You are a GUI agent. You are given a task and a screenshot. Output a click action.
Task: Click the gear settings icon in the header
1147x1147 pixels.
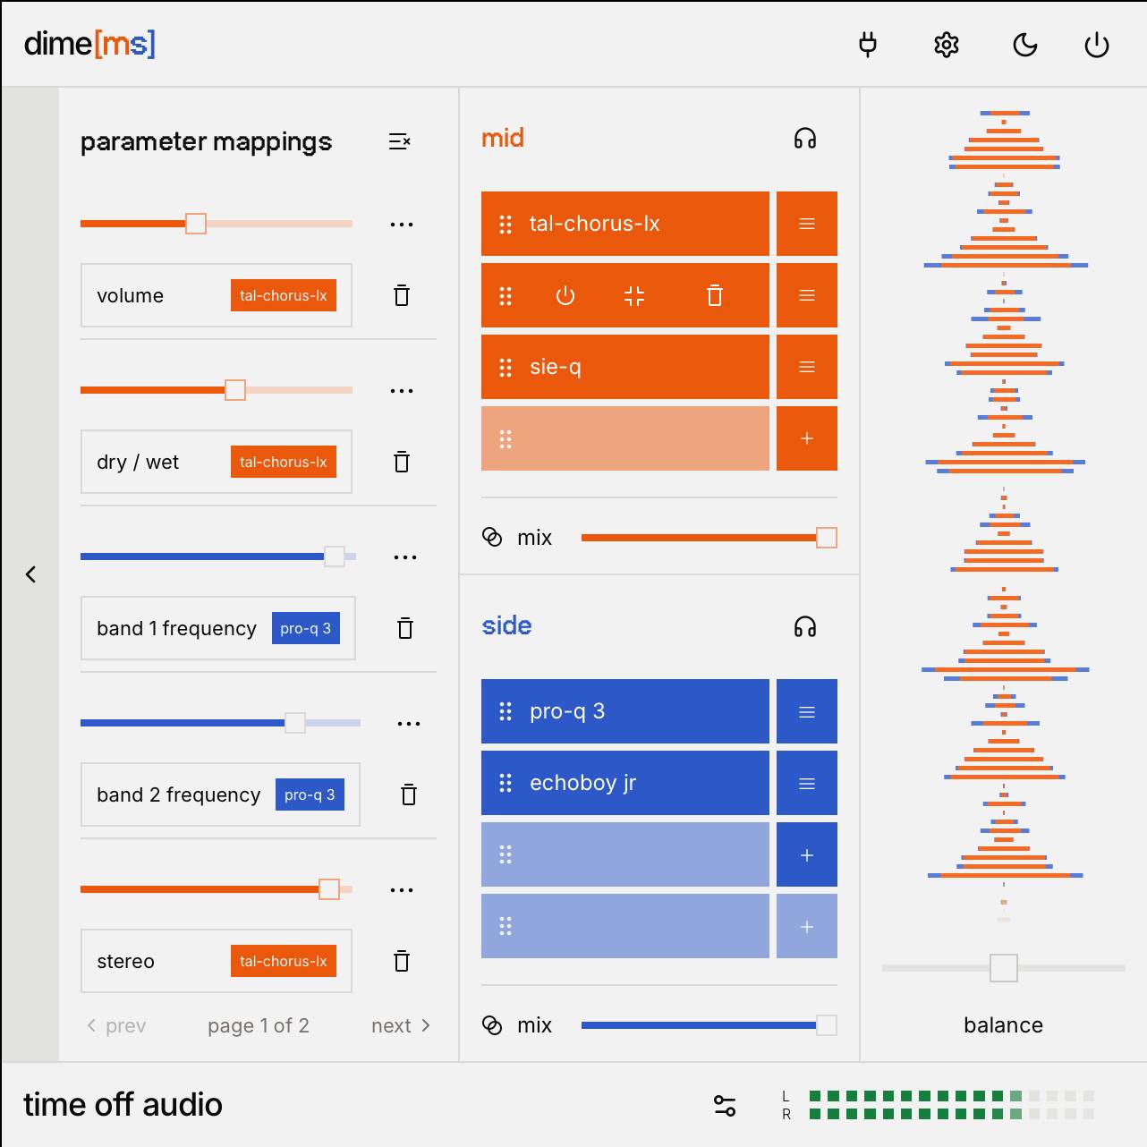pos(946,45)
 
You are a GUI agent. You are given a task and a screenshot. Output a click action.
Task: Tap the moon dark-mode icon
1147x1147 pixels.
pos(1024,45)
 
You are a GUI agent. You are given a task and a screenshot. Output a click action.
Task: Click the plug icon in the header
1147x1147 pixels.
pos(867,45)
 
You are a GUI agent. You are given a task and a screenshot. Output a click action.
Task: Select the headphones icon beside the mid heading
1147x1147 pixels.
pos(804,139)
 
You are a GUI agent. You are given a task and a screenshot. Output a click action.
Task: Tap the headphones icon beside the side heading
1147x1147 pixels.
pos(804,626)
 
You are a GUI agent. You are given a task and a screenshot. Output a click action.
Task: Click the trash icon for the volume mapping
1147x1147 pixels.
pos(402,295)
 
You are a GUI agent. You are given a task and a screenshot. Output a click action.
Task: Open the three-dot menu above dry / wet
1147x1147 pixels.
pos(402,391)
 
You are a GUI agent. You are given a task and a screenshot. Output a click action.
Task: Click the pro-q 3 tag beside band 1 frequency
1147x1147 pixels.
pos(305,628)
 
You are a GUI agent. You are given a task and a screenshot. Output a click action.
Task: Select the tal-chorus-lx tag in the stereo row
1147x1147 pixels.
pos(283,961)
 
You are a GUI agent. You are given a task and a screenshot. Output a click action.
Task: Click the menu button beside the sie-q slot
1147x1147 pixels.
pos(806,367)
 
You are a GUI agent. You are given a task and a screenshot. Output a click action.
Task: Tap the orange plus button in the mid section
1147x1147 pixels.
pos(806,438)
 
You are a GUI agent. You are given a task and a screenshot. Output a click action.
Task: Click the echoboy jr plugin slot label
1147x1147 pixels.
pos(582,783)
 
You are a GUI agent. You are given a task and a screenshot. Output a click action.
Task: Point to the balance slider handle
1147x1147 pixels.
pos(1003,967)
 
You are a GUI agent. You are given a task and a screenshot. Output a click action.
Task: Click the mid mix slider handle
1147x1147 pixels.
pos(826,538)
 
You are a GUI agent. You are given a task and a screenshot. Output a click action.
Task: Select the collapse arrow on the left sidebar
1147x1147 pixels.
pos(30,574)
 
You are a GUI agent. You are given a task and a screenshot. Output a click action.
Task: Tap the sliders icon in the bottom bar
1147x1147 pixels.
pos(725,1106)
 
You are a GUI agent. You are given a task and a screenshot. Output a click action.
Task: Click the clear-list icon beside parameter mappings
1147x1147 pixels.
pos(399,141)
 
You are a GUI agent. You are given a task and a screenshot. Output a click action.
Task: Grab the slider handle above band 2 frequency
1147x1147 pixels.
pos(294,723)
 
